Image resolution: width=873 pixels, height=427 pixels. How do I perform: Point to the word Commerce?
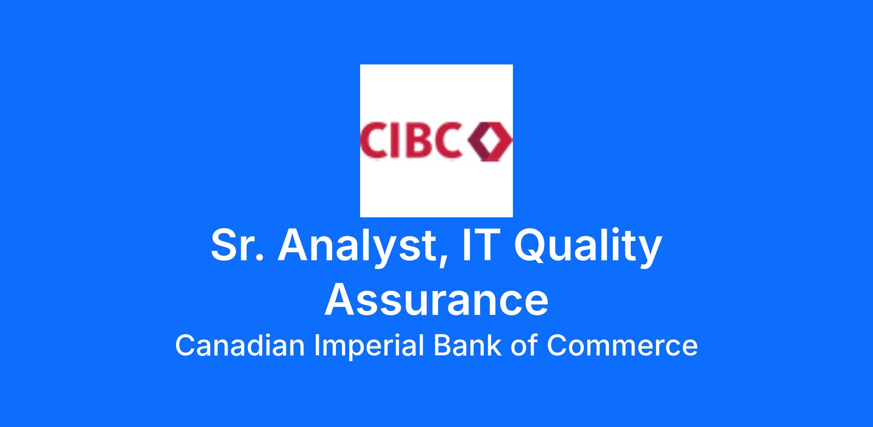tap(622, 346)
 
